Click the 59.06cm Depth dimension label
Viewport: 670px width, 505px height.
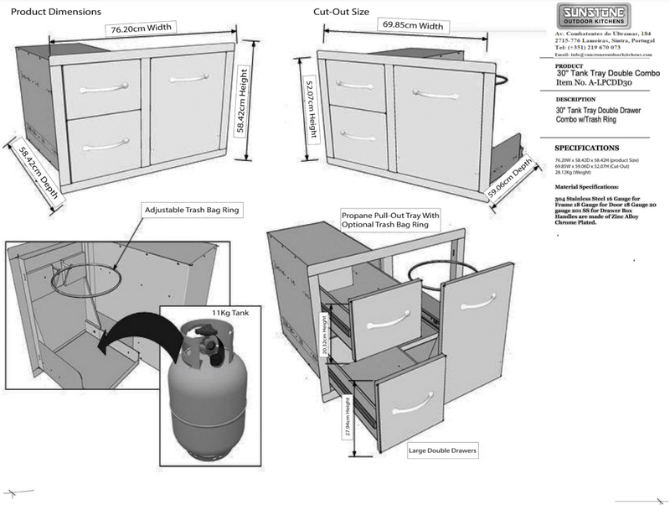coord(510,180)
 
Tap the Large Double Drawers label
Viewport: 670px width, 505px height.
coord(442,450)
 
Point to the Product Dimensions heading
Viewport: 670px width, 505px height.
coord(54,13)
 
